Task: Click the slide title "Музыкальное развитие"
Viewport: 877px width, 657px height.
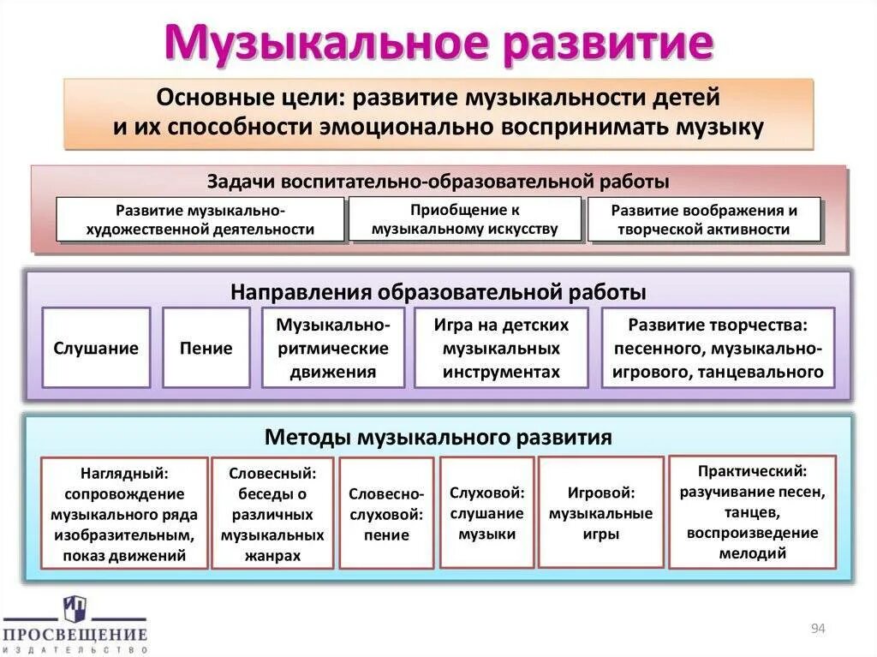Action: (438, 43)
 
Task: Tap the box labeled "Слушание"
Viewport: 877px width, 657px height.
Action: (96, 348)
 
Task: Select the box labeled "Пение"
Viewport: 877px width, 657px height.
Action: (206, 348)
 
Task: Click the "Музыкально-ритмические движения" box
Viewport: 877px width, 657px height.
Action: (332, 348)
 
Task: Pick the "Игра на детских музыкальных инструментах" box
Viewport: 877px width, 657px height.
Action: (502, 348)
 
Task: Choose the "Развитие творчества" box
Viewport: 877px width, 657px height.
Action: (718, 348)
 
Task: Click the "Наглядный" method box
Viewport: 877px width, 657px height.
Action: (125, 513)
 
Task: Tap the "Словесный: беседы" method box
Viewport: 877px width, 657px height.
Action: (272, 513)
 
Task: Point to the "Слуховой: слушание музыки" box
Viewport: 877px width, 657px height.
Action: (486, 512)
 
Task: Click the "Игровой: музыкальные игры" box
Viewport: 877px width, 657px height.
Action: (600, 512)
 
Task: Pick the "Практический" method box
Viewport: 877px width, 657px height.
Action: (752, 511)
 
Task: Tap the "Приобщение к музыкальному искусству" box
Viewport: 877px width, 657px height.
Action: (465, 219)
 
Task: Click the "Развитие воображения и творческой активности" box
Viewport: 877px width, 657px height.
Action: (704, 219)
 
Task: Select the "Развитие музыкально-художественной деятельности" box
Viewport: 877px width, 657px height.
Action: (200, 219)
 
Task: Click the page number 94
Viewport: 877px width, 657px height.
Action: (817, 630)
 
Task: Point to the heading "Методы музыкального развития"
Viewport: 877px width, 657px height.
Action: (438, 438)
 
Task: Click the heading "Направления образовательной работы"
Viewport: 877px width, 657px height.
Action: (438, 292)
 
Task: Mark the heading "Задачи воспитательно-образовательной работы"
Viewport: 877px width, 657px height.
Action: (438, 182)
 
